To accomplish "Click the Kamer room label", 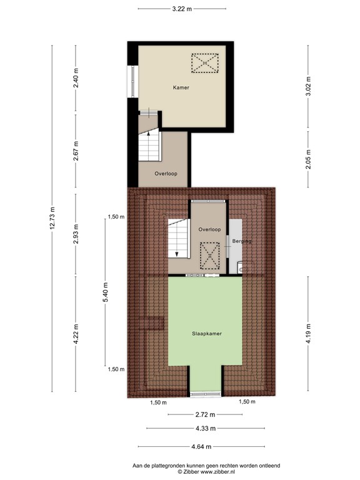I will point(181,88).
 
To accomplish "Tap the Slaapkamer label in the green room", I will point(207,334).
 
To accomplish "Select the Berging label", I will point(241,241).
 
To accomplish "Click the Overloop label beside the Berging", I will point(210,230).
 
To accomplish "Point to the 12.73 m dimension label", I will point(52,218).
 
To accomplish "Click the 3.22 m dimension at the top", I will point(181,9).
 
